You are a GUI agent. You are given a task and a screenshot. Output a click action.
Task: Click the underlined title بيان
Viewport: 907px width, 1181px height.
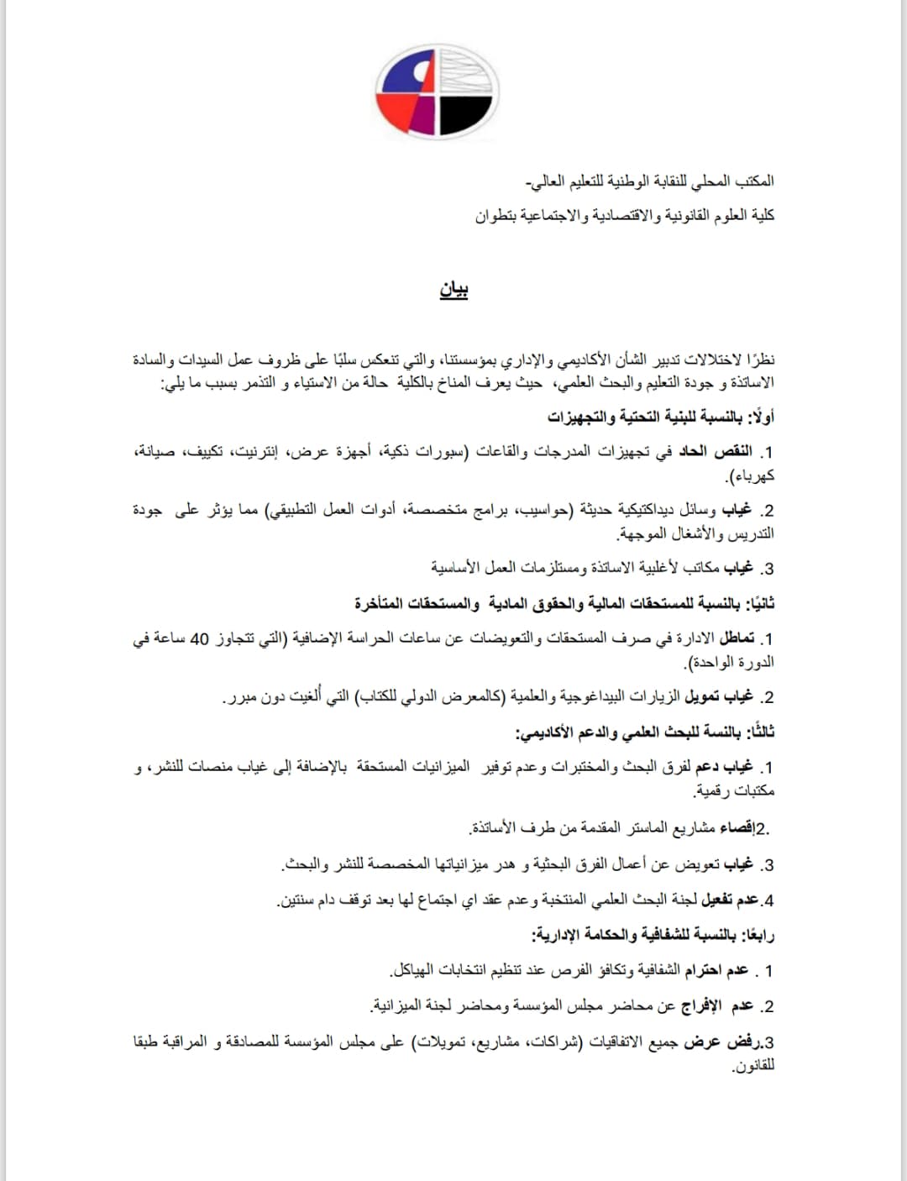(453, 289)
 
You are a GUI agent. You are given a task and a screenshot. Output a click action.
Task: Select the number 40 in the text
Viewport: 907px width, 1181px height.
(200, 638)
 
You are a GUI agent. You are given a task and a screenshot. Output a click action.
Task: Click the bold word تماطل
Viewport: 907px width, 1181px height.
(737, 638)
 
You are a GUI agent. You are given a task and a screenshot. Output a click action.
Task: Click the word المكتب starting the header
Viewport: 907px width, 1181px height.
(755, 181)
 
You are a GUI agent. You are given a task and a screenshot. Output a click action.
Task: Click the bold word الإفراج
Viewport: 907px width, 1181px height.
(700, 1005)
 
